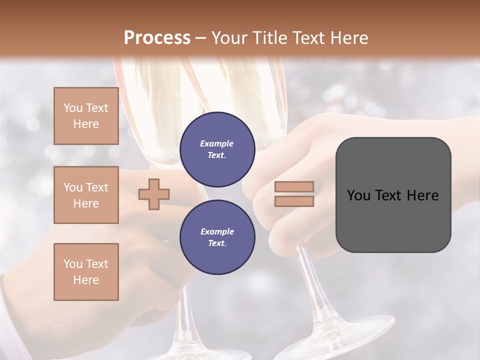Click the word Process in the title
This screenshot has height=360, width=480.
[157, 38]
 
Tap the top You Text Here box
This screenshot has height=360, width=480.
[86, 116]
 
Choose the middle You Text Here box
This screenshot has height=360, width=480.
[86, 195]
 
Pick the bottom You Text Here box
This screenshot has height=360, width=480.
[86, 272]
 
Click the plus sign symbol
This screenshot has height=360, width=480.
[154, 194]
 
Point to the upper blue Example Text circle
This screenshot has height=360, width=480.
[217, 149]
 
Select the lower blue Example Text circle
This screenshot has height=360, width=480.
[217, 237]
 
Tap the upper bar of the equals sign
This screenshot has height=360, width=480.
[294, 187]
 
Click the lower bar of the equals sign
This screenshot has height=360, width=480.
[294, 201]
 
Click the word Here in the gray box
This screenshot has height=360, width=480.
[422, 195]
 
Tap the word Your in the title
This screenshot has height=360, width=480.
[229, 38]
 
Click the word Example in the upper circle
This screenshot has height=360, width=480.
[217, 143]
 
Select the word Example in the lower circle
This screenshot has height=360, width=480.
[217, 231]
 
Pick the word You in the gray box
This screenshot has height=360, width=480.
[359, 195]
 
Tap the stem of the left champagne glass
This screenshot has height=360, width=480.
[185, 310]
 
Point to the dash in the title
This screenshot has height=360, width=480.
[200, 38]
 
